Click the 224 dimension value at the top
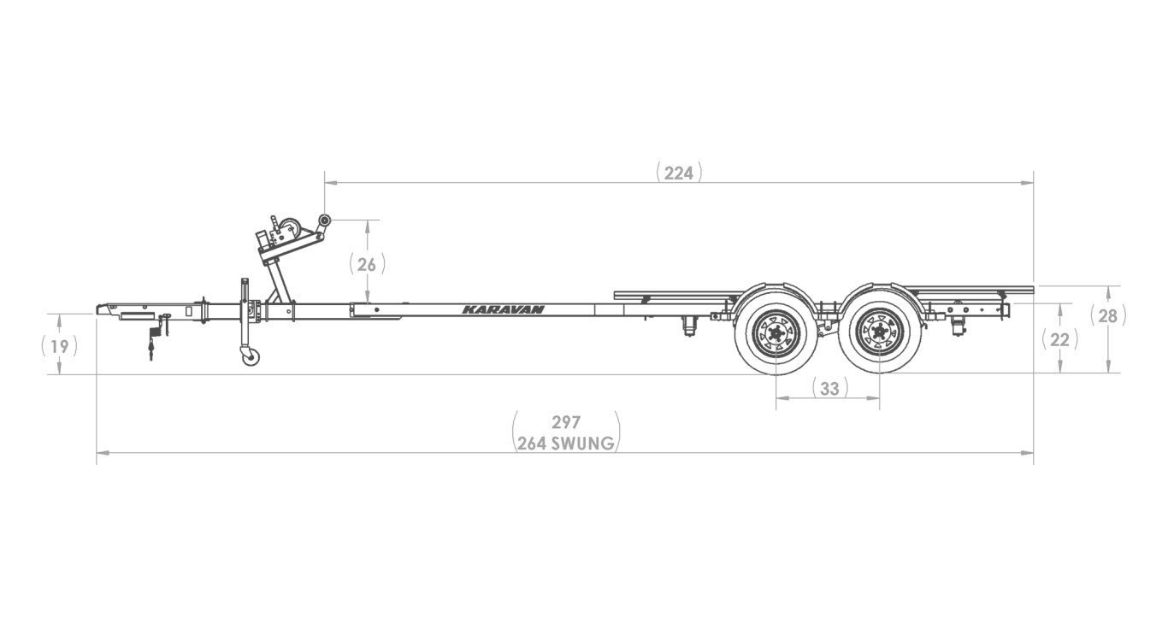click(x=679, y=173)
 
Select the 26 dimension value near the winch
click(x=367, y=264)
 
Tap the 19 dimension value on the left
click(x=59, y=345)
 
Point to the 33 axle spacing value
click(x=829, y=389)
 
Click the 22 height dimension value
click(x=1059, y=339)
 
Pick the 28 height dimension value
click(x=1108, y=316)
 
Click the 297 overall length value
click(x=566, y=422)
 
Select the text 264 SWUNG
click(x=566, y=444)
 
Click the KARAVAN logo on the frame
click(x=504, y=309)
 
